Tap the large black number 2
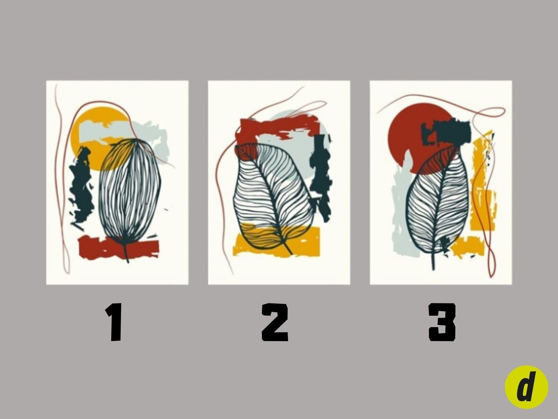(275, 322)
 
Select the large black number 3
(442, 322)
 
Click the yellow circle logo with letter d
(526, 387)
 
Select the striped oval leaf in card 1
(130, 191)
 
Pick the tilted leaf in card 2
(273, 196)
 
